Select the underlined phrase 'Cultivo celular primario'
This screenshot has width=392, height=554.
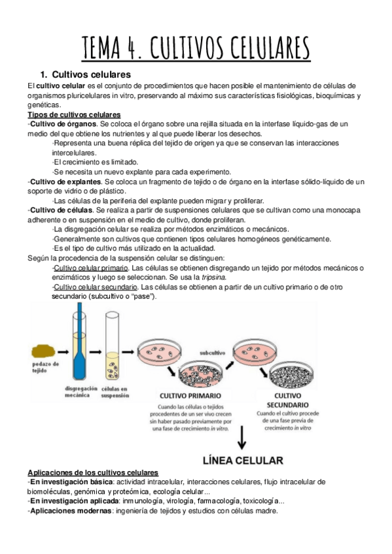90,268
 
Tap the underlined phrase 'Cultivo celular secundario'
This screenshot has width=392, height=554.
96,287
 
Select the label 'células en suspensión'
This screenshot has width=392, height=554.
115,391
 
